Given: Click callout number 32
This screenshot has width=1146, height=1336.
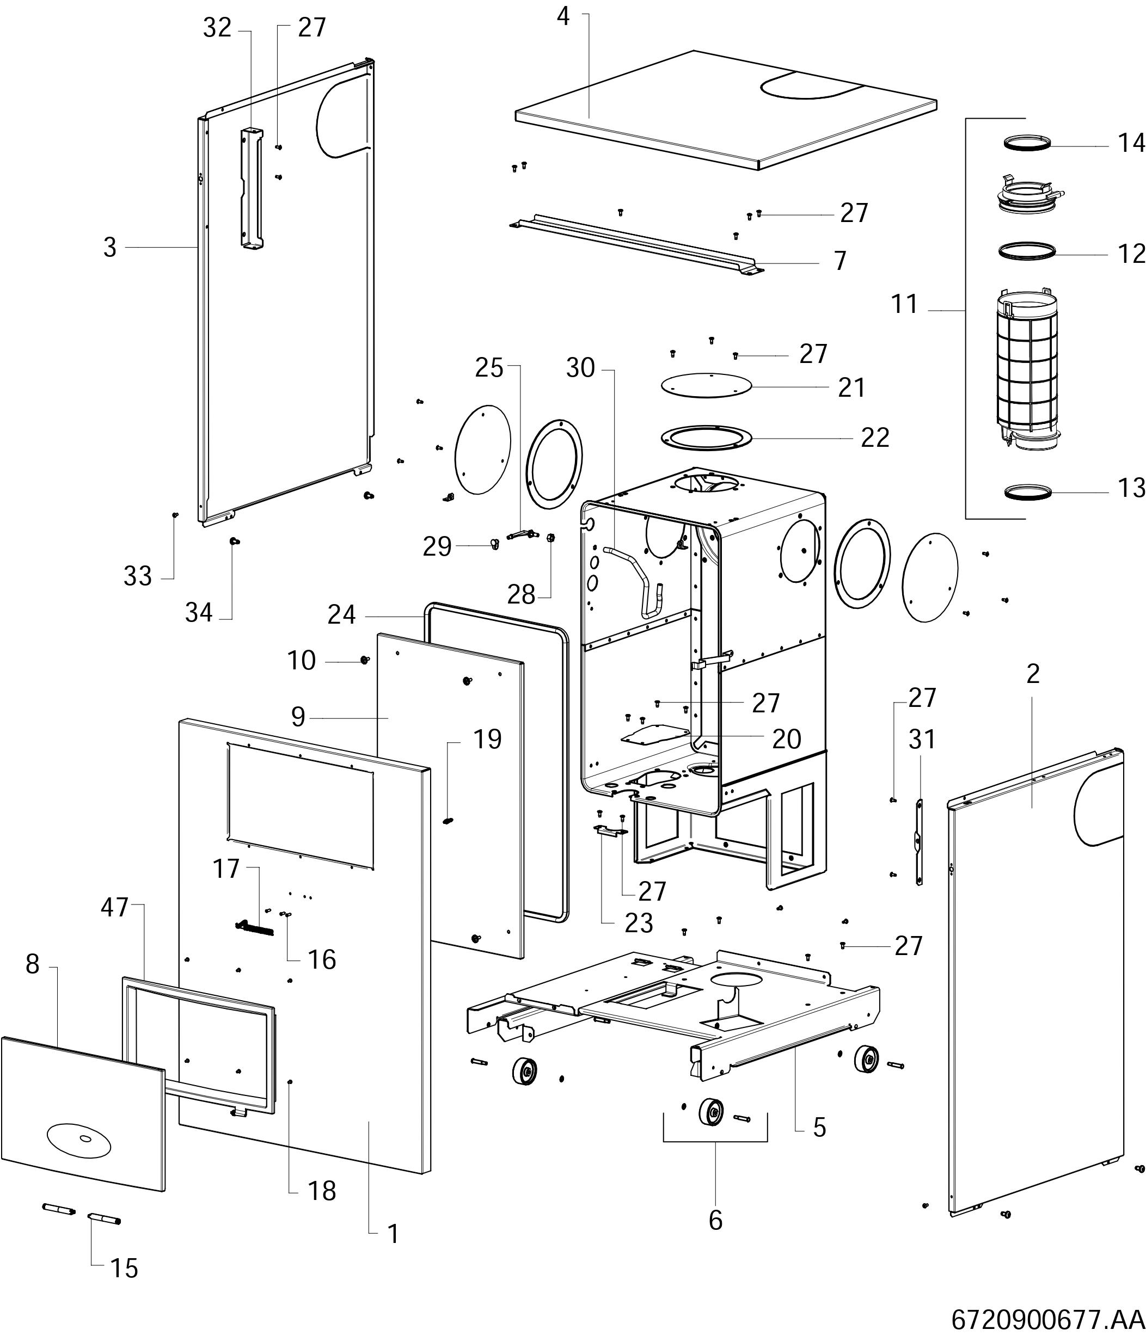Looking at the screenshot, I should [217, 28].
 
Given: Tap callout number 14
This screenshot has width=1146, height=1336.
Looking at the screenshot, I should [1131, 143].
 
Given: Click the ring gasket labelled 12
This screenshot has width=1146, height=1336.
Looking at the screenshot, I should [1027, 250].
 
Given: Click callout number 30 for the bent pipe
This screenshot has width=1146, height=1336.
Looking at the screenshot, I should [580, 368].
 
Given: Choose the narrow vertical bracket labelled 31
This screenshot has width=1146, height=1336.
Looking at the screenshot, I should [919, 841].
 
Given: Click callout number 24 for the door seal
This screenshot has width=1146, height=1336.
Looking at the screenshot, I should [341, 614].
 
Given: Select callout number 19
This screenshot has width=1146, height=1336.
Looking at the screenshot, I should [487, 740].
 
